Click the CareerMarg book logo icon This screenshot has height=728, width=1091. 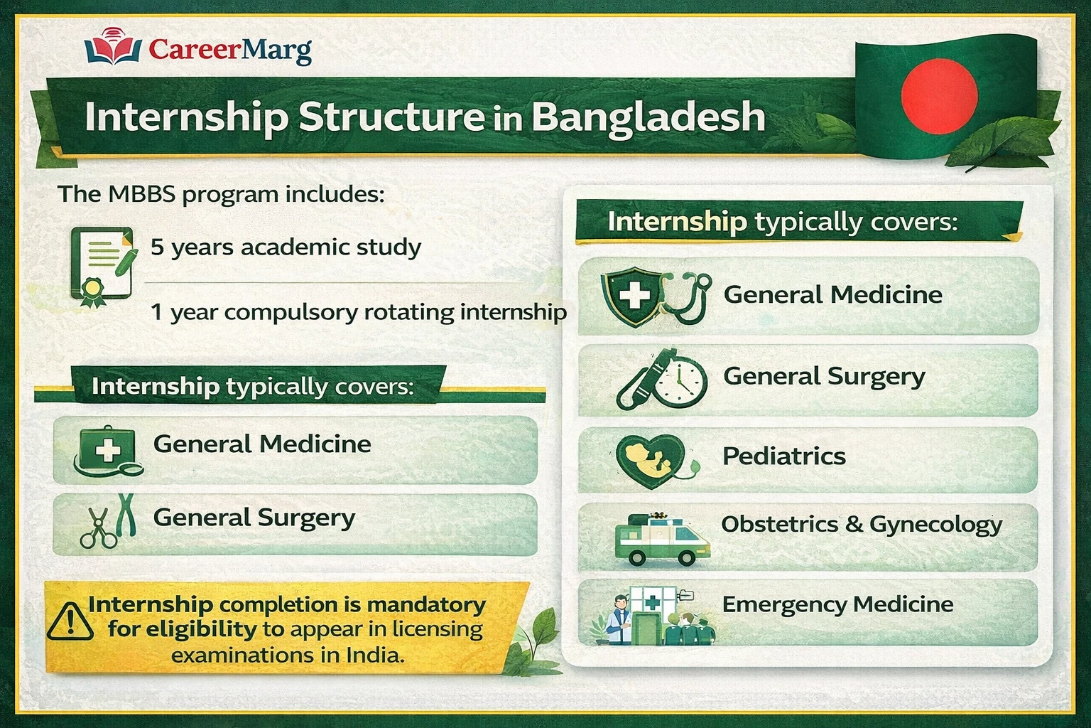click(x=113, y=47)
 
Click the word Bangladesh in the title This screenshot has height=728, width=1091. click(x=648, y=117)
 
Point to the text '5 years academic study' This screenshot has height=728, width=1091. click(x=286, y=247)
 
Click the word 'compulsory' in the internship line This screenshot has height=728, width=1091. click(x=297, y=312)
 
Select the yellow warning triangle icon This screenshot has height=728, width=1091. click(x=70, y=621)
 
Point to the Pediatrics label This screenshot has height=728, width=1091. click(x=783, y=456)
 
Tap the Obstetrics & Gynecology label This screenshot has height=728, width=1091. click(x=862, y=525)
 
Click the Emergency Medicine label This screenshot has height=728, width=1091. click(x=837, y=604)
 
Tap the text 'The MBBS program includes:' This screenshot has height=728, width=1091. click(x=221, y=194)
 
